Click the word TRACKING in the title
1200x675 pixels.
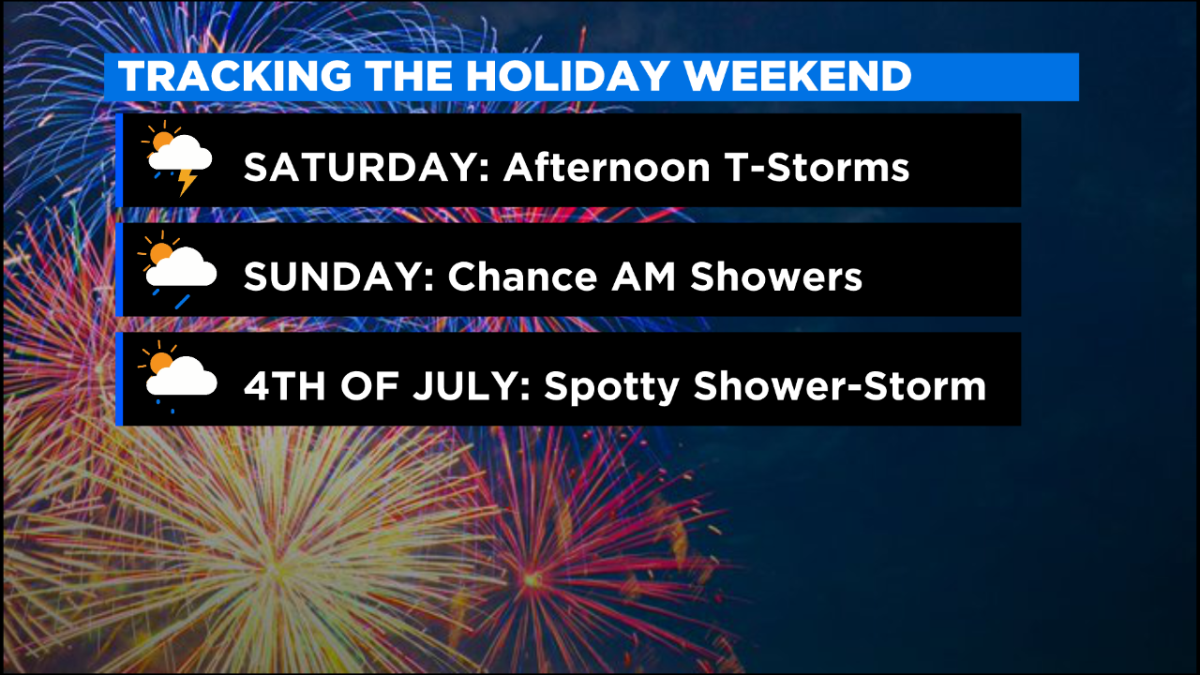click(x=235, y=76)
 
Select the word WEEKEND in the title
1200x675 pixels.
click(x=798, y=76)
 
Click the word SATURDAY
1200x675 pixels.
click(x=367, y=167)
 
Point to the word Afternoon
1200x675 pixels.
click(x=607, y=167)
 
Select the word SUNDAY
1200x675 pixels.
click(x=338, y=277)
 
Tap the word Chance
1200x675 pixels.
click(x=522, y=277)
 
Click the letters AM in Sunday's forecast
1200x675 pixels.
click(x=643, y=277)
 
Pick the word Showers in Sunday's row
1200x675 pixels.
click(x=776, y=277)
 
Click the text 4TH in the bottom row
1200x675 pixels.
click(x=284, y=385)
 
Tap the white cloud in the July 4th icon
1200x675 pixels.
click(x=182, y=377)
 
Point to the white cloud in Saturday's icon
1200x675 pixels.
click(x=181, y=153)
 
